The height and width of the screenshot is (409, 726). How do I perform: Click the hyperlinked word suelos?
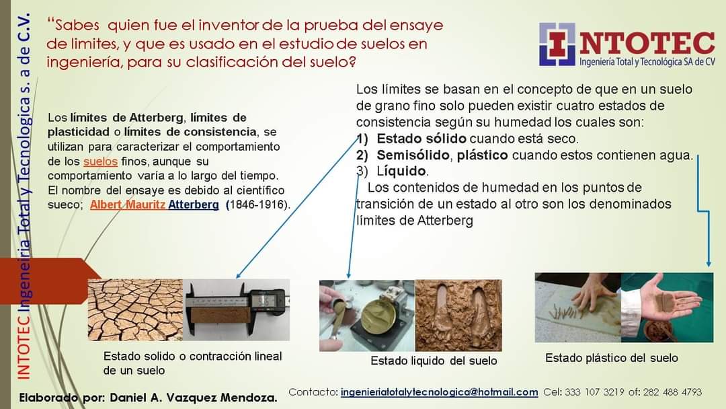point(101,162)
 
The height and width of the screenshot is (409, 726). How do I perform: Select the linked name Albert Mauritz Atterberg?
point(154,204)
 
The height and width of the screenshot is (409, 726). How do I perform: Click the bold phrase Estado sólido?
point(421,139)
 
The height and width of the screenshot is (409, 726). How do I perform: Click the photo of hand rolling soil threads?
point(577,307)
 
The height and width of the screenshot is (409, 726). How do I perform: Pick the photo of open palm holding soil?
point(666,307)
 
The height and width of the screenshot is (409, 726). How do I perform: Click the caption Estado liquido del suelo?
point(434,361)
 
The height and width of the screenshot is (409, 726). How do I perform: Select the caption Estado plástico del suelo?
point(611,358)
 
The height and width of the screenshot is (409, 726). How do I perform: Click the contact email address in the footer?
point(440,392)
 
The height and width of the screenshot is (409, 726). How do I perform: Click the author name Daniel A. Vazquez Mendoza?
point(193,398)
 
